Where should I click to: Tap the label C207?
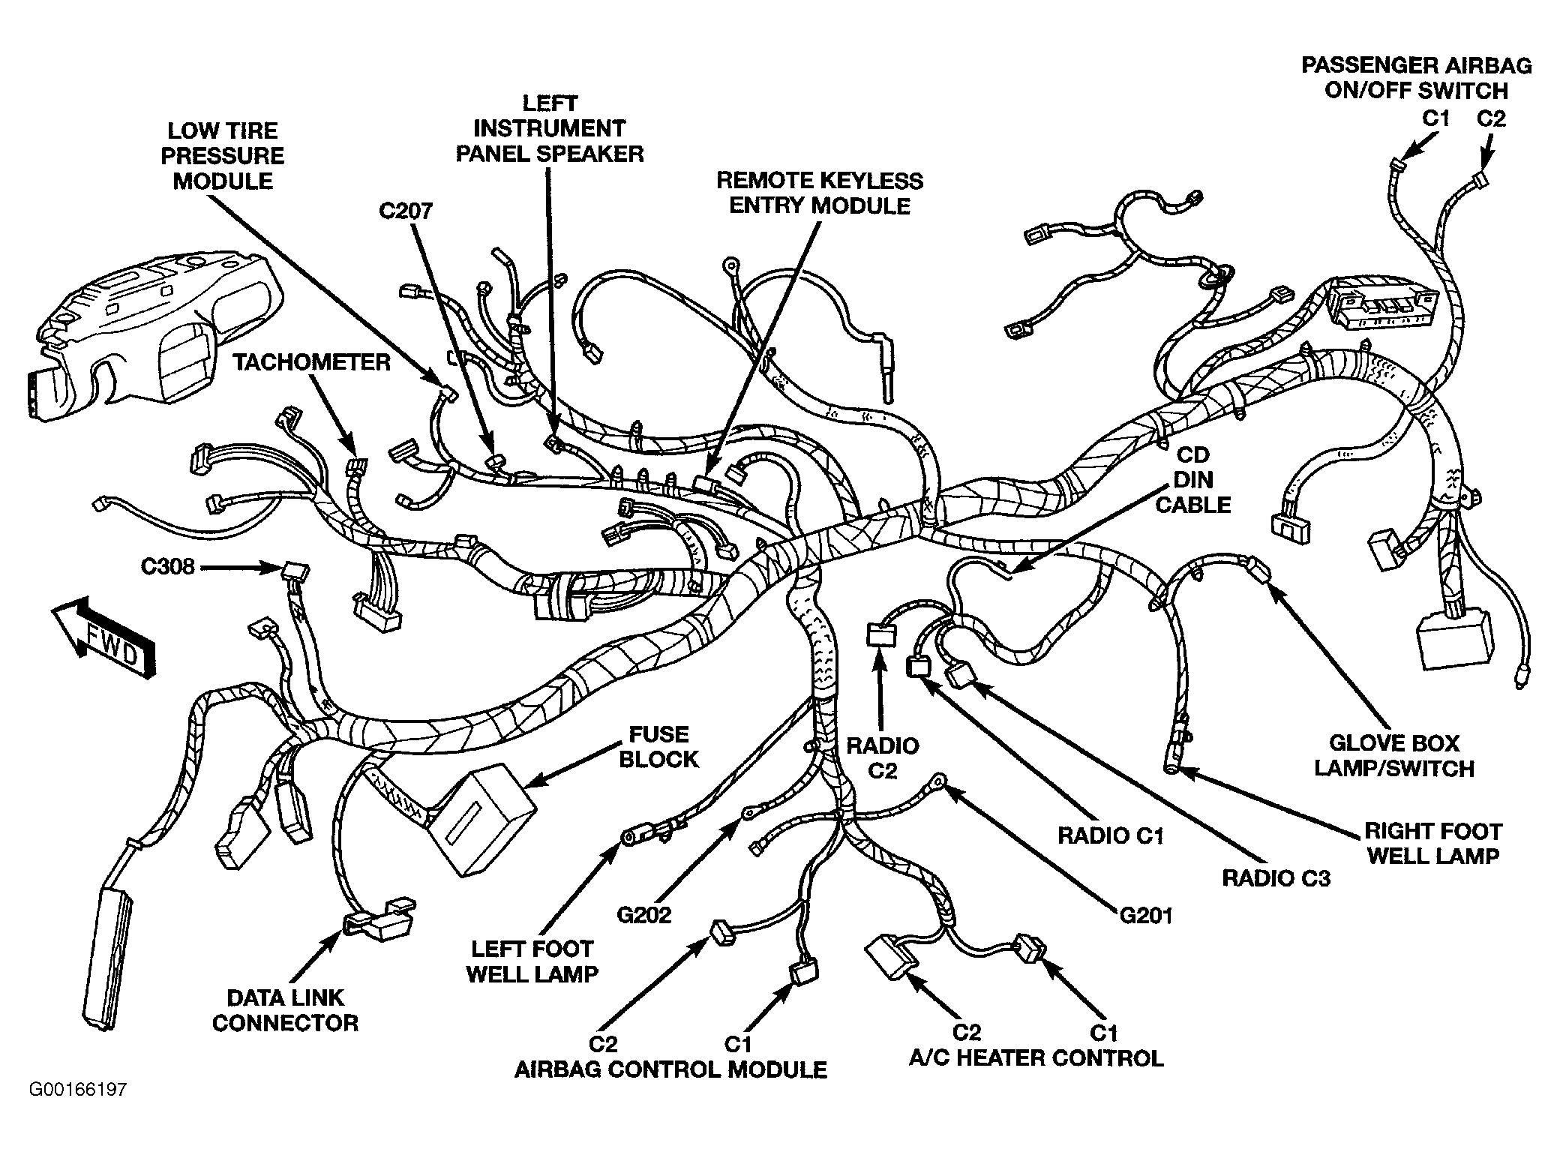pyautogui.click(x=406, y=211)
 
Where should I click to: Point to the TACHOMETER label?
pyautogui.click(x=311, y=362)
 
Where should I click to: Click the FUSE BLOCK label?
pyautogui.click(x=658, y=746)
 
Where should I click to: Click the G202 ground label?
pyautogui.click(x=644, y=915)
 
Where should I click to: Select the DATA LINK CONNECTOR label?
pyautogui.click(x=285, y=1009)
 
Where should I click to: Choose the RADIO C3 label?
pyautogui.click(x=1276, y=877)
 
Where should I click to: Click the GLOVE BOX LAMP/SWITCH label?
pyautogui.click(x=1394, y=755)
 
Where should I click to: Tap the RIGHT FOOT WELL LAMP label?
pyautogui.click(x=1432, y=843)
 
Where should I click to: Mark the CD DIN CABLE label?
pyautogui.click(x=1192, y=479)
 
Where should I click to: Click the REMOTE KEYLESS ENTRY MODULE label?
pyautogui.click(x=820, y=193)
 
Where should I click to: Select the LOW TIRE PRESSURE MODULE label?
pyautogui.click(x=223, y=156)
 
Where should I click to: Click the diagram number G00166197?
pyautogui.click(x=78, y=1089)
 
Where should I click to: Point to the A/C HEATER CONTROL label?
pyautogui.click(x=1036, y=1057)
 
